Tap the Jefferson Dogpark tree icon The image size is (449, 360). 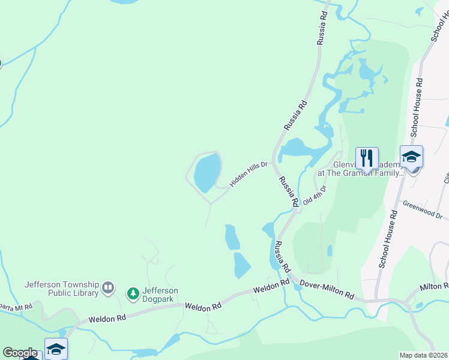(x=133, y=293)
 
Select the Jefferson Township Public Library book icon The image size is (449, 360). (x=108, y=289)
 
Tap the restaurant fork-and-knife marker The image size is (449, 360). (x=367, y=158)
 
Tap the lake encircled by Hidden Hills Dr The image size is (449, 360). (x=206, y=172)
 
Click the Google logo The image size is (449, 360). (x=20, y=353)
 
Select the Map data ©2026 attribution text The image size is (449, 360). (x=423, y=355)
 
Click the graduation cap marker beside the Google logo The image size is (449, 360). (x=56, y=349)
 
